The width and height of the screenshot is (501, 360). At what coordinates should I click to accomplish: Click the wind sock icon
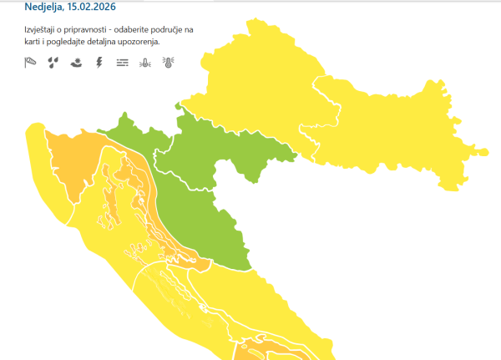pos(31,61)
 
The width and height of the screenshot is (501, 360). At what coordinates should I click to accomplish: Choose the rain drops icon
pos(53,61)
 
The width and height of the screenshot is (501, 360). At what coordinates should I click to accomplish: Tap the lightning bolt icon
pos(99,61)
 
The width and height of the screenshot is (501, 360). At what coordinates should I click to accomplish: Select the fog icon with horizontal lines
pos(123,61)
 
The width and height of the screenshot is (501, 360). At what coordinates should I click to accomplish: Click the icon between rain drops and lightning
pos(76,61)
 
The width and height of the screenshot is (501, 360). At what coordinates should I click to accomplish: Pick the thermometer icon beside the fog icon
pos(145,61)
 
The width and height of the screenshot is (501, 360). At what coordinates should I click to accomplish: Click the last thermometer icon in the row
pos(168,61)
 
